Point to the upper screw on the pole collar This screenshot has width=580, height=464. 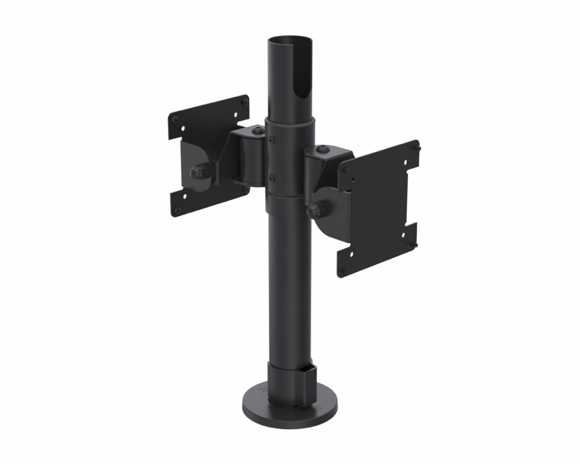271,140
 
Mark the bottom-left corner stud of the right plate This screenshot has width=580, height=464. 343,272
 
